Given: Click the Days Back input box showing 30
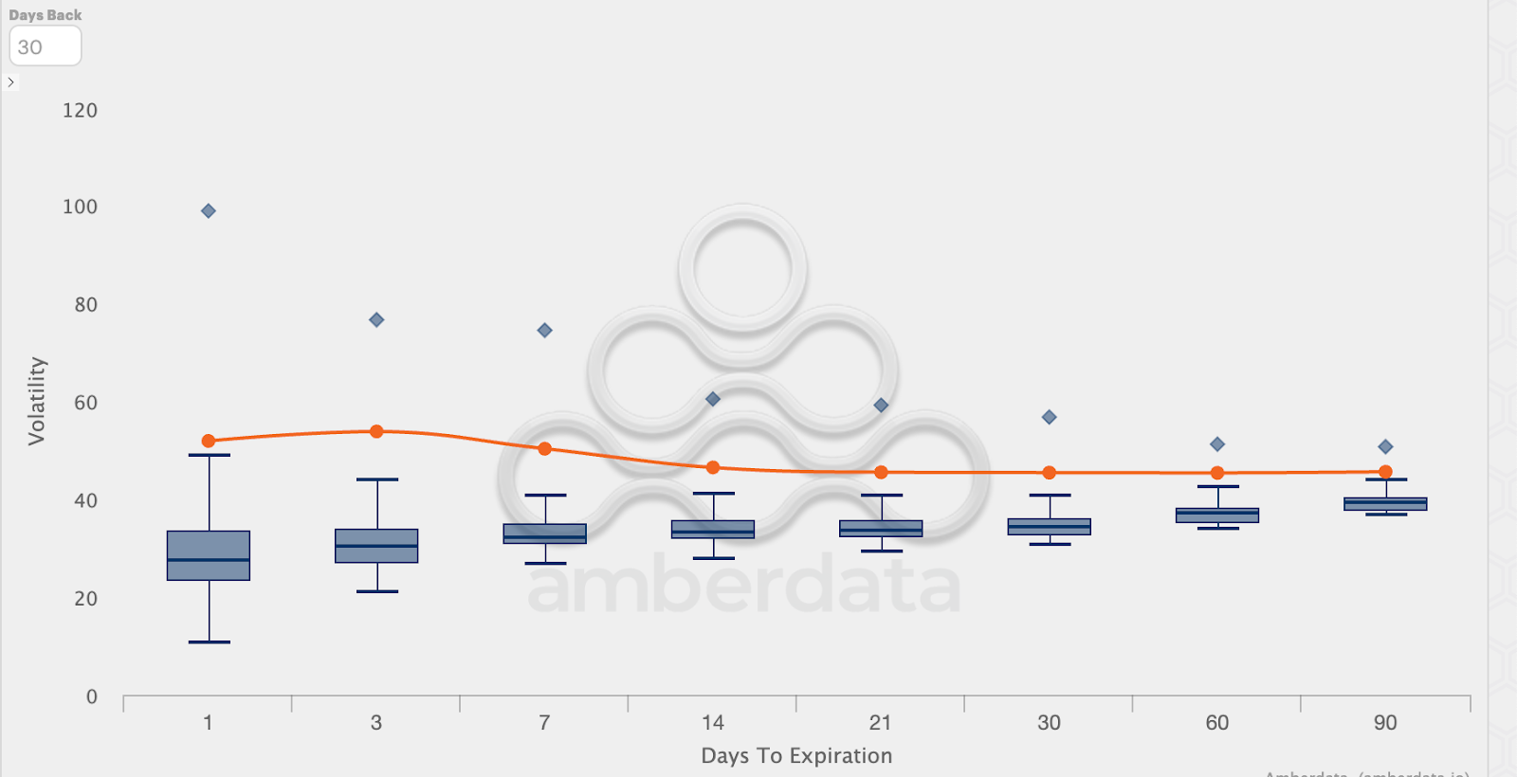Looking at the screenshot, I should pyautogui.click(x=45, y=46).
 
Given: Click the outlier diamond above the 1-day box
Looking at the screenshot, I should pyautogui.click(x=209, y=210).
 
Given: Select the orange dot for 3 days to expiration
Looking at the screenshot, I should pyautogui.click(x=376, y=431).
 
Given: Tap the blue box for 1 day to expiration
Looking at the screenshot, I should pyautogui.click(x=209, y=555).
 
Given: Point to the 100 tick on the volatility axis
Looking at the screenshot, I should pyautogui.click(x=80, y=207).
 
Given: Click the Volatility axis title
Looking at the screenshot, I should pyautogui.click(x=37, y=401).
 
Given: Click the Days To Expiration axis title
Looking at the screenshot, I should pyautogui.click(x=796, y=756).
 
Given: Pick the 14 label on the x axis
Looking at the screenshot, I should pyautogui.click(x=713, y=723).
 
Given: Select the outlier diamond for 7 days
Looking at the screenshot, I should pyautogui.click(x=545, y=331).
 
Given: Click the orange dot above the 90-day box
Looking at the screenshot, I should pyautogui.click(x=1385, y=472).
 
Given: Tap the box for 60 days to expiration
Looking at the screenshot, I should pyautogui.click(x=1217, y=515).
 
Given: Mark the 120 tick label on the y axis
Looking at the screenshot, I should pyautogui.click(x=80, y=111).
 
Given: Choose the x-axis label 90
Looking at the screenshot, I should pyautogui.click(x=1385, y=723).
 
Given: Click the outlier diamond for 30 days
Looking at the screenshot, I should pyautogui.click(x=1050, y=417).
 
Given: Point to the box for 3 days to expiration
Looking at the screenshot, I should pyautogui.click(x=376, y=546).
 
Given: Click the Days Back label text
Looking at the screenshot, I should pyautogui.click(x=46, y=15).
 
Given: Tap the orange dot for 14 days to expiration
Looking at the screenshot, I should pyautogui.click(x=713, y=467).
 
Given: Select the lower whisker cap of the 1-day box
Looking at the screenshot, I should pyautogui.click(x=209, y=642).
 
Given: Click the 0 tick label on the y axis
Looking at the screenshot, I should pyautogui.click(x=92, y=697).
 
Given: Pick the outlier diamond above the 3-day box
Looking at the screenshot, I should pyautogui.click(x=376, y=320).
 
